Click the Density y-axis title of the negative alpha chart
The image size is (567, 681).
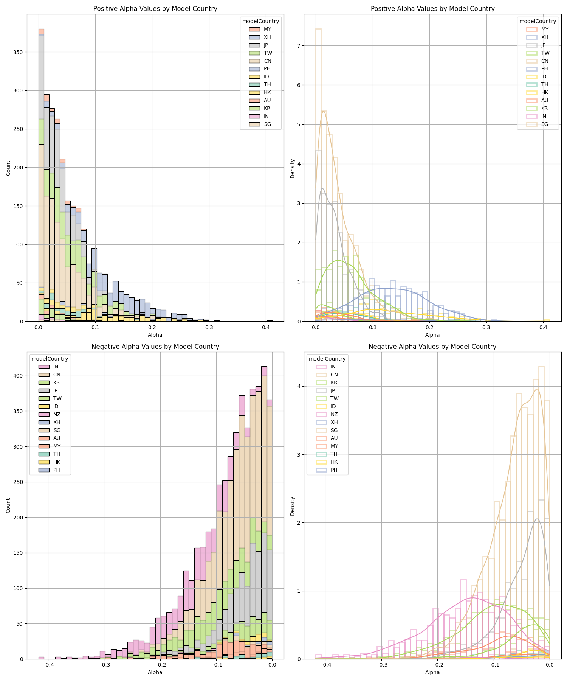[x=292, y=506]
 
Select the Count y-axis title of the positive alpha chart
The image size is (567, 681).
[x=8, y=168]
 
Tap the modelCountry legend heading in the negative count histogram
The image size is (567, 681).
[x=50, y=359]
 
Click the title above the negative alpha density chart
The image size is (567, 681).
[x=432, y=347]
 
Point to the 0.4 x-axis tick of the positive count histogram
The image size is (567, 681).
[x=266, y=327]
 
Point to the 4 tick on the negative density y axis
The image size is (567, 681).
[x=299, y=386]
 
